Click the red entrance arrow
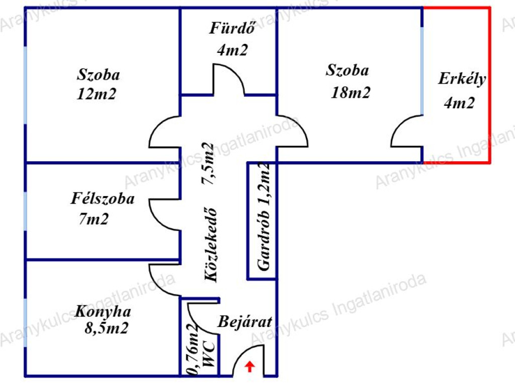[x=250, y=366]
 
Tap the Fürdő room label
[x=232, y=28]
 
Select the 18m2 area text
[x=351, y=93]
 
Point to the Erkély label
[x=462, y=79]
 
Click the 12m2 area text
[x=96, y=94]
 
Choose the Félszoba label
[x=103, y=199]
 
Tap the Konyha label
[x=103, y=311]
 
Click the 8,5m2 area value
[x=106, y=328]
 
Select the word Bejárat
[x=245, y=321]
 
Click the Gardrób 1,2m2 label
[x=264, y=217]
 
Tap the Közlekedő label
[x=211, y=244]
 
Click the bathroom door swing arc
[x=235, y=71]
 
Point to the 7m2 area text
[x=94, y=219]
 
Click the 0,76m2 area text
[x=193, y=349]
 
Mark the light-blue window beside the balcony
[x=422, y=71]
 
